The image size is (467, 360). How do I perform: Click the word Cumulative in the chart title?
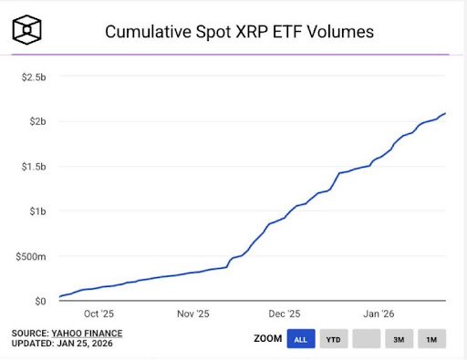tap(149, 32)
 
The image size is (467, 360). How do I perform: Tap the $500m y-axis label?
tap(31, 256)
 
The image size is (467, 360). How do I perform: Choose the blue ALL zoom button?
tap(300, 339)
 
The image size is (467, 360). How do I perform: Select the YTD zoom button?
tap(333, 339)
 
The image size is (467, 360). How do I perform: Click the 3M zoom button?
tap(399, 339)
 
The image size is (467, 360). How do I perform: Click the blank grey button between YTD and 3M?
tap(366, 339)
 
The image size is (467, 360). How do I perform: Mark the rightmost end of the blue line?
tap(445, 113)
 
